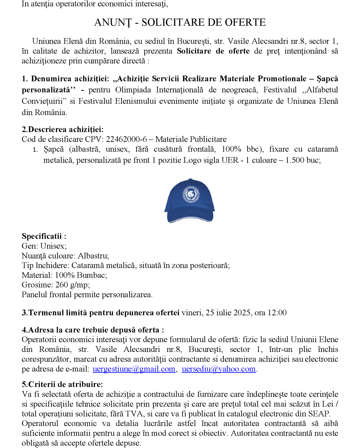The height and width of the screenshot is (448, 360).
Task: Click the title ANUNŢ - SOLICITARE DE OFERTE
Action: pyautogui.click(x=180, y=22)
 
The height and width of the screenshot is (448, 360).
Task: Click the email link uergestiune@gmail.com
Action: pyautogui.click(x=134, y=369)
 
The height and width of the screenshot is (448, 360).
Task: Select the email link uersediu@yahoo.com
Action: pyautogui.click(x=218, y=369)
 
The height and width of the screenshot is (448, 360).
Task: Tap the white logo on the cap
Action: pyautogui.click(x=191, y=194)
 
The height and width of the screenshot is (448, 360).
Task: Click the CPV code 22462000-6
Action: pyautogui.click(x=126, y=139)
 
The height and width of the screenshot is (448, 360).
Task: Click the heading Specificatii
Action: pyautogui.click(x=44, y=236)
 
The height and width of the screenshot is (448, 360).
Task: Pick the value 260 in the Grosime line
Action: pyautogui.click(x=62, y=285)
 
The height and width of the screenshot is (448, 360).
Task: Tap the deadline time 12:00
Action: pyautogui.click(x=277, y=313)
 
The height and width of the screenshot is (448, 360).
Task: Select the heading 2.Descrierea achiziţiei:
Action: pyautogui.click(x=62, y=129)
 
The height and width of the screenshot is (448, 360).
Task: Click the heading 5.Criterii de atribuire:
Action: pyautogui.click(x=62, y=384)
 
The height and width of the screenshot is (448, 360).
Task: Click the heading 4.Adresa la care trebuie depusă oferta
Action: pyautogui.click(x=93, y=330)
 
